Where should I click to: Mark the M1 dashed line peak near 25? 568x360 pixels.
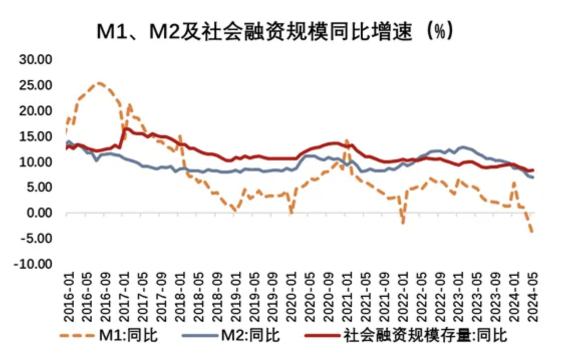[x=99, y=83]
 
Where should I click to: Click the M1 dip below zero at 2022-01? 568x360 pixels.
[x=402, y=222]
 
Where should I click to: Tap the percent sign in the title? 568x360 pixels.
[x=440, y=33]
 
